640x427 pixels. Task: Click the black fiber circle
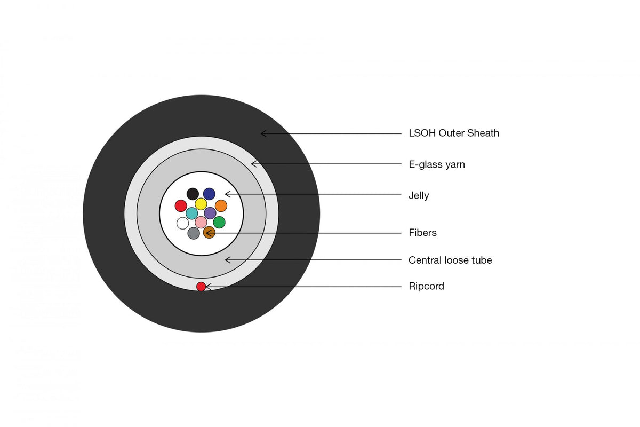tap(193, 194)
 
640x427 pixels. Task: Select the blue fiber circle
tap(209, 194)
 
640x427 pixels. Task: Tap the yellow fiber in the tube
tap(201, 204)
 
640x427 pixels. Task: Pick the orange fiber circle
tap(221, 206)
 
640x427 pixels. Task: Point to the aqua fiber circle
tap(191, 213)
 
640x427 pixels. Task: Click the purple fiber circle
tap(210, 213)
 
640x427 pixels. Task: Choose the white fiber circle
tap(182, 223)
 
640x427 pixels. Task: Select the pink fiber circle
tap(201, 222)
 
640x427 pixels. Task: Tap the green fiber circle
tap(219, 222)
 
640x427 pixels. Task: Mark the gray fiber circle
tap(194, 233)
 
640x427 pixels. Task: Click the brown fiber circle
tap(209, 233)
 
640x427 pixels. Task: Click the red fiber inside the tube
tap(181, 206)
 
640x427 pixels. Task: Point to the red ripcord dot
tap(201, 286)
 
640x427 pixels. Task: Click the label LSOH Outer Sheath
tap(454, 133)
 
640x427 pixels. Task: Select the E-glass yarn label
tap(437, 164)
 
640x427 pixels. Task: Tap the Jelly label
tap(419, 196)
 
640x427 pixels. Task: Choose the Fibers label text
tap(422, 233)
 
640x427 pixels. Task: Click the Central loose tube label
tap(450, 260)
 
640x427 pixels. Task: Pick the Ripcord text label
tap(426, 286)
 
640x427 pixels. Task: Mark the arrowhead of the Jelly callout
tap(226, 194)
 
